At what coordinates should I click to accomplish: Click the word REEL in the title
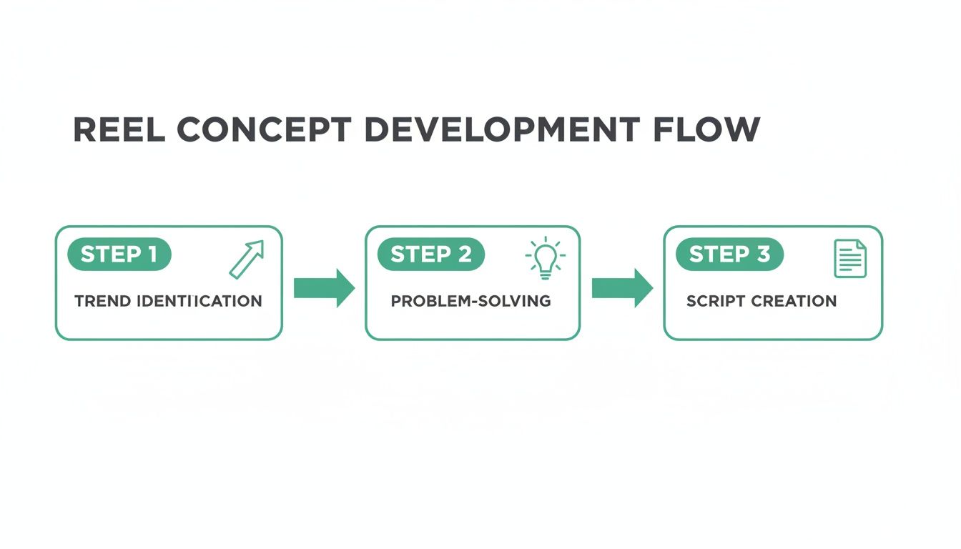click(x=119, y=129)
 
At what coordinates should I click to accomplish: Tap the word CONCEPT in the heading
click(x=264, y=129)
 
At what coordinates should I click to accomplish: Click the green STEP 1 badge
click(x=119, y=254)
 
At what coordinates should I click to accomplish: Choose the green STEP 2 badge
click(x=430, y=254)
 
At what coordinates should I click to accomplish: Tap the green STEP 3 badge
click(x=729, y=254)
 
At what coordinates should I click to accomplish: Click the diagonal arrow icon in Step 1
click(x=247, y=259)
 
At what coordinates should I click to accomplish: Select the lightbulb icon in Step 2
click(x=546, y=257)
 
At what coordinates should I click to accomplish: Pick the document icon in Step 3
click(x=850, y=258)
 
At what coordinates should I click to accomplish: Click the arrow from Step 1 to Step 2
click(x=324, y=288)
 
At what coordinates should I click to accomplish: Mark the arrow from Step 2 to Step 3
click(x=622, y=288)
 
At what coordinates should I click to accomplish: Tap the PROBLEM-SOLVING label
click(x=470, y=301)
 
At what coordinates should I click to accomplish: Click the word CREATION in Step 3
click(x=795, y=301)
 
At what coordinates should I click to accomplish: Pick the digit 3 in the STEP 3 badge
click(x=763, y=254)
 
